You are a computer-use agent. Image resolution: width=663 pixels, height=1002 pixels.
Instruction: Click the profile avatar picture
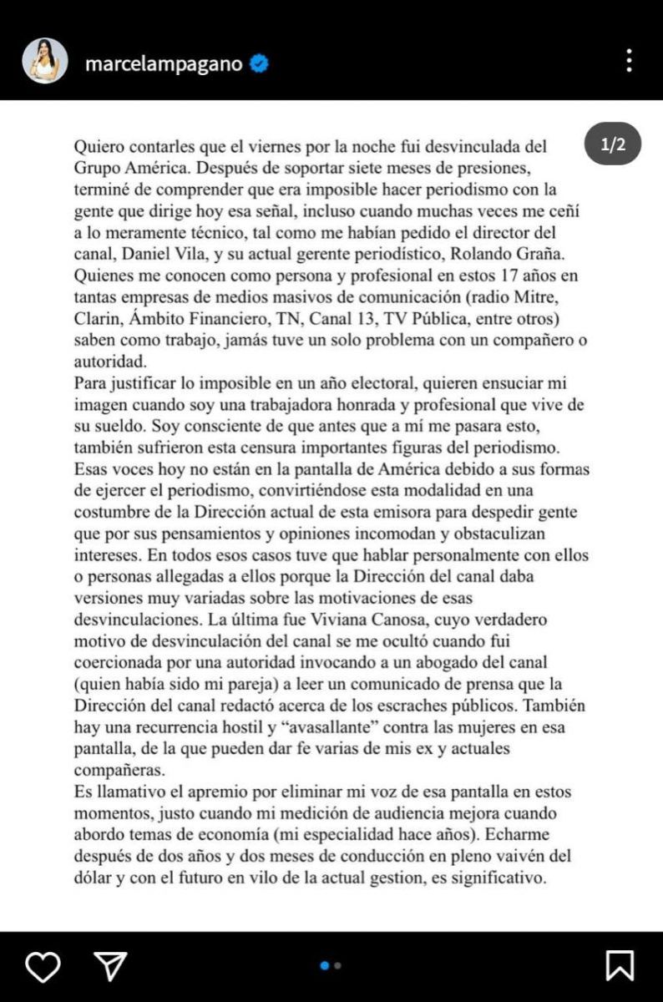click(45, 61)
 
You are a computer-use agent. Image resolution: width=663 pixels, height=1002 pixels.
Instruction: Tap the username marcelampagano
click(164, 63)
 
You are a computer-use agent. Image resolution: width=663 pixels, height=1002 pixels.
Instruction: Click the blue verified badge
click(259, 63)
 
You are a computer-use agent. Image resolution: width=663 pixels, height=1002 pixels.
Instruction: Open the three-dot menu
click(629, 61)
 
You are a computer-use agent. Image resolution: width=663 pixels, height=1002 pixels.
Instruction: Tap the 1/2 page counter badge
click(613, 145)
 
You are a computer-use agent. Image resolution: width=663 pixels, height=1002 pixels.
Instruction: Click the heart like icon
click(43, 966)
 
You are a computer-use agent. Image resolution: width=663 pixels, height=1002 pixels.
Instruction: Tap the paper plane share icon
click(110, 966)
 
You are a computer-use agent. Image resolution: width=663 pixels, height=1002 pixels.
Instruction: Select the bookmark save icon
click(620, 966)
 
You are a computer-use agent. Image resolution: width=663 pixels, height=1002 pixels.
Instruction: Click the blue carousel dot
click(325, 965)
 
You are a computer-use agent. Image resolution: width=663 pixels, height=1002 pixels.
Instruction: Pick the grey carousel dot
click(337, 965)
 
